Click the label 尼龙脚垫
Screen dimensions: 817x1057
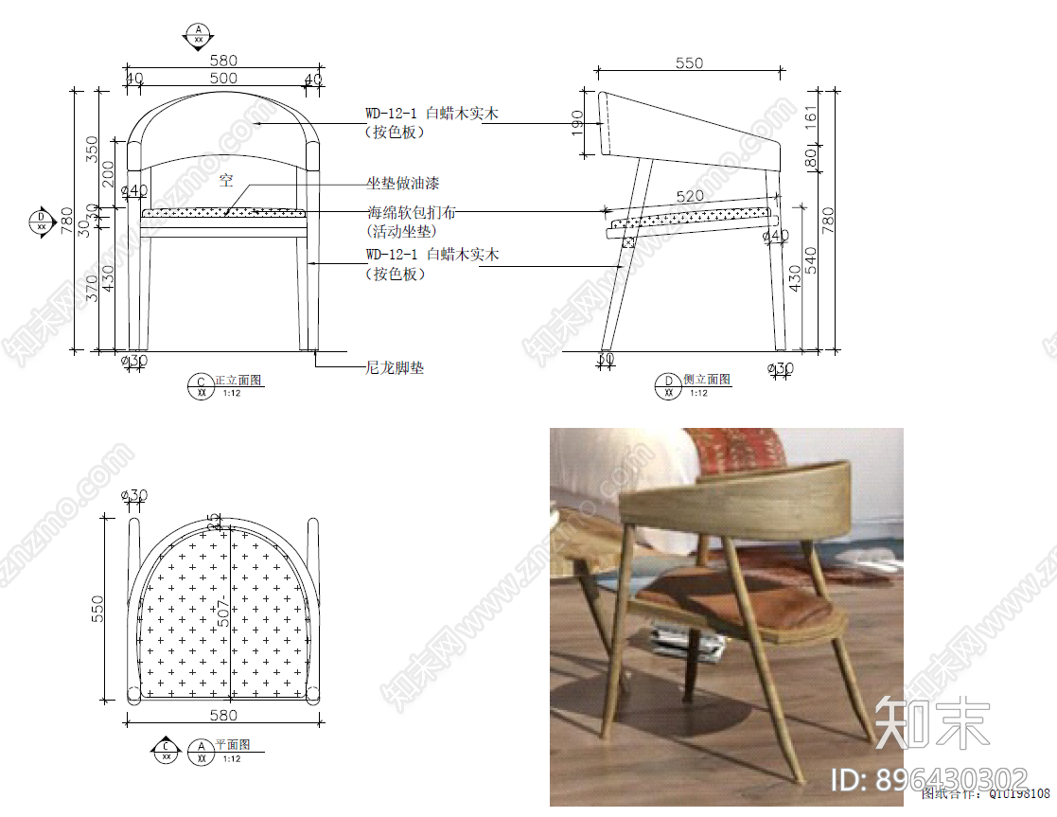click(395, 367)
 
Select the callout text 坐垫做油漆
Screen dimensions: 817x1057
click(403, 183)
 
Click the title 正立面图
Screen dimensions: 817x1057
click(238, 381)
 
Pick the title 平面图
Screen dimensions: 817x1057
click(229, 746)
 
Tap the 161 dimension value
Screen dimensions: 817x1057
click(810, 116)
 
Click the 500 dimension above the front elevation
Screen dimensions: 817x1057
click(223, 79)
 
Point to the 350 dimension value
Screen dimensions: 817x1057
click(92, 150)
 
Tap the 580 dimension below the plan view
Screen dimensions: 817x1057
click(223, 716)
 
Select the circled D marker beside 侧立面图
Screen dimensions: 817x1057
click(669, 384)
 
